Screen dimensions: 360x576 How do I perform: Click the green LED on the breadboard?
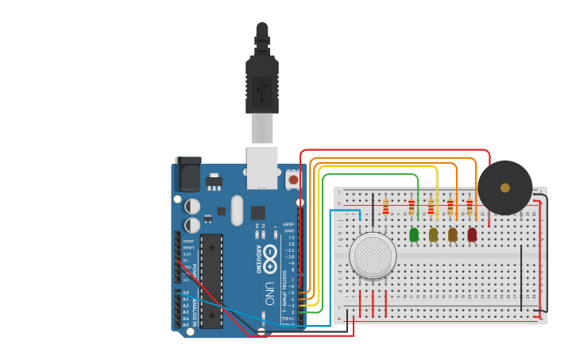coord(414,234)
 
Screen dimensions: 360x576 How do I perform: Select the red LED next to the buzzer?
coord(472,234)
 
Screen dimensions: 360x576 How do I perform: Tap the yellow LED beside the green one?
coord(433,234)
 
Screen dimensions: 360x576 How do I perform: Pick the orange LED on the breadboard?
coord(453,234)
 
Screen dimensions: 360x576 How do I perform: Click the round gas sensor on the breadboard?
coord(373,256)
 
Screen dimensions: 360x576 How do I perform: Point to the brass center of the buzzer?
coord(504,188)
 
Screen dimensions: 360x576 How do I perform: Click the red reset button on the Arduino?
coord(293,180)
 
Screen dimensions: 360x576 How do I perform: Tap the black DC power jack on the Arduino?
coord(188,174)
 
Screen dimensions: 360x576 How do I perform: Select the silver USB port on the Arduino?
coord(262,168)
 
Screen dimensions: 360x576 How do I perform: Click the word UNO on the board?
coord(269,287)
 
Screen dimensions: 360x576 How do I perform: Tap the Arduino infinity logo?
coord(270,255)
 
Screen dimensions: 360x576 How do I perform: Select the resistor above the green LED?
coord(412,208)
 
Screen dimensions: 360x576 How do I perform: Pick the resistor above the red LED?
coord(470,208)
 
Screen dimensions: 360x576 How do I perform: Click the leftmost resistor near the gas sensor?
coord(386,207)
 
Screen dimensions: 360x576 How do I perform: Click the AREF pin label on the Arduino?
coord(288,225)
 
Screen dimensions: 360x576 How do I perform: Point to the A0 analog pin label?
coord(186,292)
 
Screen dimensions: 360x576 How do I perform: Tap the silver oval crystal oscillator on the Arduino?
coord(237,211)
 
